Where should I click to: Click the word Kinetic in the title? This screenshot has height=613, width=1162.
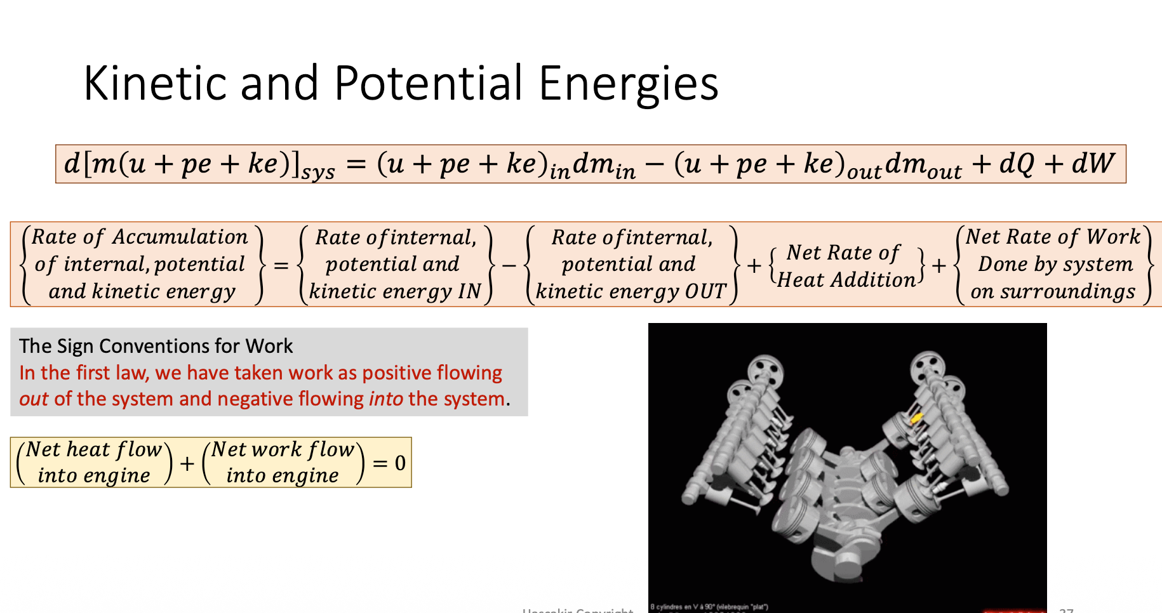pos(156,83)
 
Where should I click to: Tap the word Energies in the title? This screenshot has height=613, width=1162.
pos(628,84)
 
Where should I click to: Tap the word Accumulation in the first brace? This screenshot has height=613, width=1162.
pos(180,237)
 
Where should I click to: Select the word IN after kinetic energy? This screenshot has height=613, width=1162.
pos(469,291)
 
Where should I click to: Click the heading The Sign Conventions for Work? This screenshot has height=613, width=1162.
pos(156,346)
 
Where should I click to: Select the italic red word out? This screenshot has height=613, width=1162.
pos(34,399)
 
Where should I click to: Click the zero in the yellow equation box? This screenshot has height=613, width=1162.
pos(400,463)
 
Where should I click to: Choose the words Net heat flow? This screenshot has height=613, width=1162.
pos(94,449)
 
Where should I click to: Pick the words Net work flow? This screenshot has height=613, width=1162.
pos(283,449)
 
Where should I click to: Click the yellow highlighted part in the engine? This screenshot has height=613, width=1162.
pos(916,419)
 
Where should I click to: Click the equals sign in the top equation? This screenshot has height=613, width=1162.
pos(356,164)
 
